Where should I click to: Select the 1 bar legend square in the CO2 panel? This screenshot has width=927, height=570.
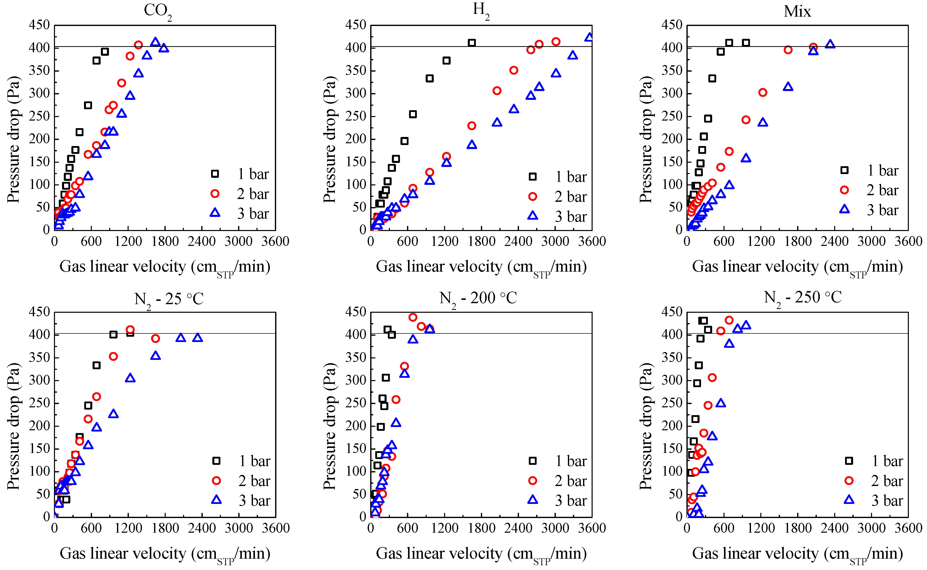(x=215, y=174)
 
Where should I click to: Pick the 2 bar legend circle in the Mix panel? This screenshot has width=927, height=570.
(x=845, y=190)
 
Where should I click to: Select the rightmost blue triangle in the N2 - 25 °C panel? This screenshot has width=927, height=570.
(x=197, y=338)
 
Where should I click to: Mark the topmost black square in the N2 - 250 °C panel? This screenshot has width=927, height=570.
(x=703, y=321)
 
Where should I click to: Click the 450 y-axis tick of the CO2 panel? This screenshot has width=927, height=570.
(x=39, y=25)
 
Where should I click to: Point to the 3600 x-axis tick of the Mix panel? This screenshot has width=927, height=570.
(x=908, y=241)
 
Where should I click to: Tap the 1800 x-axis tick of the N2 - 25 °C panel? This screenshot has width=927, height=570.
(x=165, y=528)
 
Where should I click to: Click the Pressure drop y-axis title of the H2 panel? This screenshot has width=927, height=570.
(x=329, y=139)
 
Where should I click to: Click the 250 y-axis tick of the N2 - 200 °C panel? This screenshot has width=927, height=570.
(x=356, y=403)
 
